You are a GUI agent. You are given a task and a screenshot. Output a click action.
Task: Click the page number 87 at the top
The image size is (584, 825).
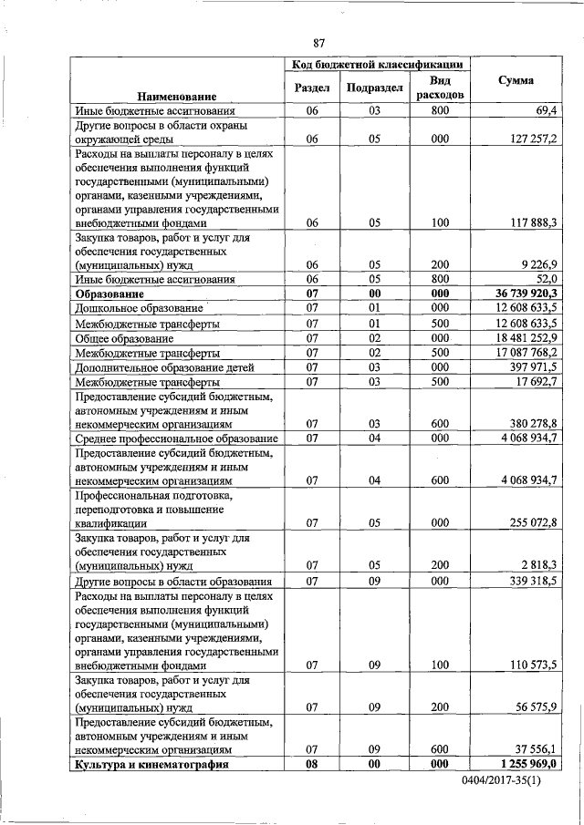tap(318, 43)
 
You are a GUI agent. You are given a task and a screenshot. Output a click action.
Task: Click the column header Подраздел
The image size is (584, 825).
tap(374, 88)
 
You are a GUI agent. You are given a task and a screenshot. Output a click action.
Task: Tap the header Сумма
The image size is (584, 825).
tap(516, 81)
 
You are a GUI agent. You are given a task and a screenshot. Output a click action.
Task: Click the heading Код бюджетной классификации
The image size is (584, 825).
tap(376, 65)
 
